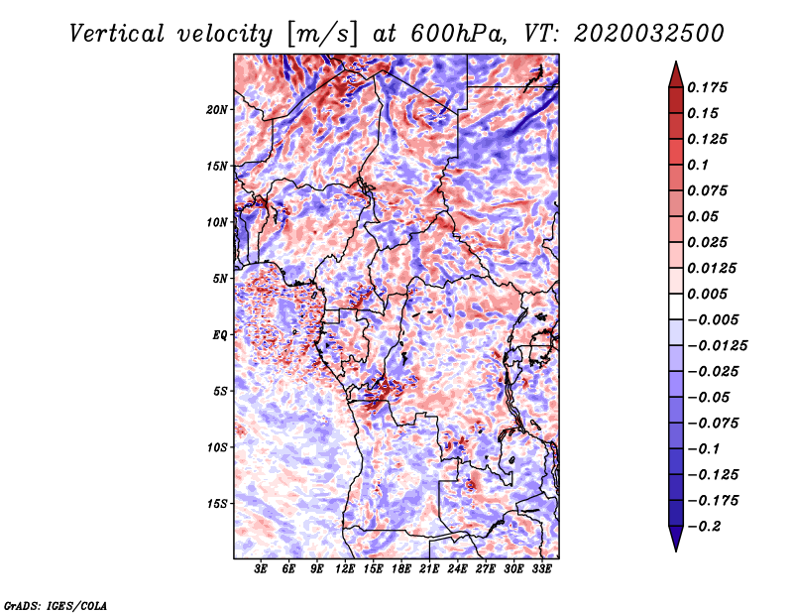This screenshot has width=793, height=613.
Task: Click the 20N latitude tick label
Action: click(216, 110)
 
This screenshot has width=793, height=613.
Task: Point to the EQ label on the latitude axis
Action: click(219, 335)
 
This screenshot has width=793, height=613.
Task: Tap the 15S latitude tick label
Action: click(216, 504)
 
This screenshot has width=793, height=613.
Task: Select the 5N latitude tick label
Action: click(219, 279)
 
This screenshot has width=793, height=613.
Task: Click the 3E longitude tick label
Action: click(261, 568)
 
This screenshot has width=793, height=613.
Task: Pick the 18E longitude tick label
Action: click(401, 568)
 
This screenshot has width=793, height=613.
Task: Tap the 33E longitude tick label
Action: click(541, 568)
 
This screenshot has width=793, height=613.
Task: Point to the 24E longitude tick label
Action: click(457, 568)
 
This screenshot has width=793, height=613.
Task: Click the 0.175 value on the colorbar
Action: click(707, 87)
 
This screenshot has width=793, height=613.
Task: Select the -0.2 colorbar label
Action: click(704, 527)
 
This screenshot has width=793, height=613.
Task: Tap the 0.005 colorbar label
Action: click(707, 294)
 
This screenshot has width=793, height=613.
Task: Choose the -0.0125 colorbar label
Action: click(717, 346)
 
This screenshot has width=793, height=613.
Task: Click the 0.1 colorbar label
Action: click(698, 165)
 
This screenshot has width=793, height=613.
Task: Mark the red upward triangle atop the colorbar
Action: click(676, 74)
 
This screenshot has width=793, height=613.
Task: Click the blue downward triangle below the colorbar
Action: click(676, 539)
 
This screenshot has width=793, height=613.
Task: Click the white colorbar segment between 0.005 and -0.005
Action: click(676, 306)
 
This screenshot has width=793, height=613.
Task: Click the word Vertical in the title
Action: click(117, 34)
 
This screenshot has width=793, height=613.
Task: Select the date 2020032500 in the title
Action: click(649, 34)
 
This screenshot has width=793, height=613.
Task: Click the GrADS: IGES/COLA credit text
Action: click(56, 605)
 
